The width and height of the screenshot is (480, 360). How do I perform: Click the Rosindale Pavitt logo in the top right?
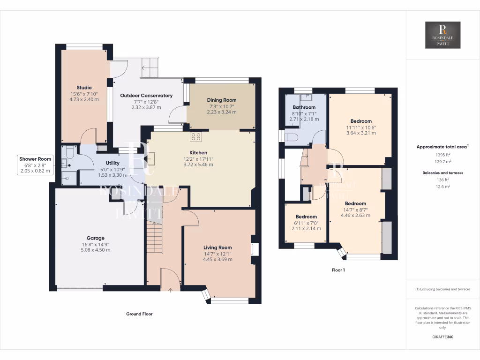[x=442, y=35]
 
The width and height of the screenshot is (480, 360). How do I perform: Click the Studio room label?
[x=84, y=88]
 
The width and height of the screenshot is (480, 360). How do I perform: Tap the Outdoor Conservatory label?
[x=146, y=96]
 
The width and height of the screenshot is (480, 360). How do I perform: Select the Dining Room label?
[x=222, y=100]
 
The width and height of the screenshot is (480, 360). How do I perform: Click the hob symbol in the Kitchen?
[x=196, y=137]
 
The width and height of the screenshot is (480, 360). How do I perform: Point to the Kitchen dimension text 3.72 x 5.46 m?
[x=198, y=165]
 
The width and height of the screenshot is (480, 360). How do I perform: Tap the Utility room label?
[x=106, y=163]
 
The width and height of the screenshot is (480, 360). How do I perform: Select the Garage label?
[x=95, y=238]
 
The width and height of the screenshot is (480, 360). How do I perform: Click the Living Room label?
[x=217, y=247]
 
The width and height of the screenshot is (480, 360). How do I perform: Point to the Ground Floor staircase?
[x=154, y=237]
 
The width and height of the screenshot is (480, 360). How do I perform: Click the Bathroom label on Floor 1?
[x=304, y=107]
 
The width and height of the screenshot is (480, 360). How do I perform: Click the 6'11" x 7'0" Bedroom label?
[x=306, y=217]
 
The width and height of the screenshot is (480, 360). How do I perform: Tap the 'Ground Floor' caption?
[x=139, y=314]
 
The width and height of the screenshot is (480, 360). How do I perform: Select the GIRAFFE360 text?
[x=443, y=337]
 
